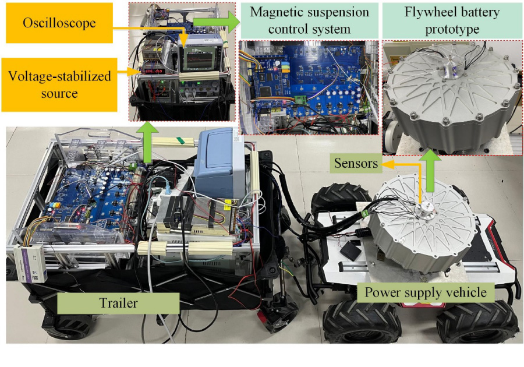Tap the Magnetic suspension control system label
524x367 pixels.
click(x=309, y=20)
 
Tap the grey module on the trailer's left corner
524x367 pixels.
click(x=27, y=263)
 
